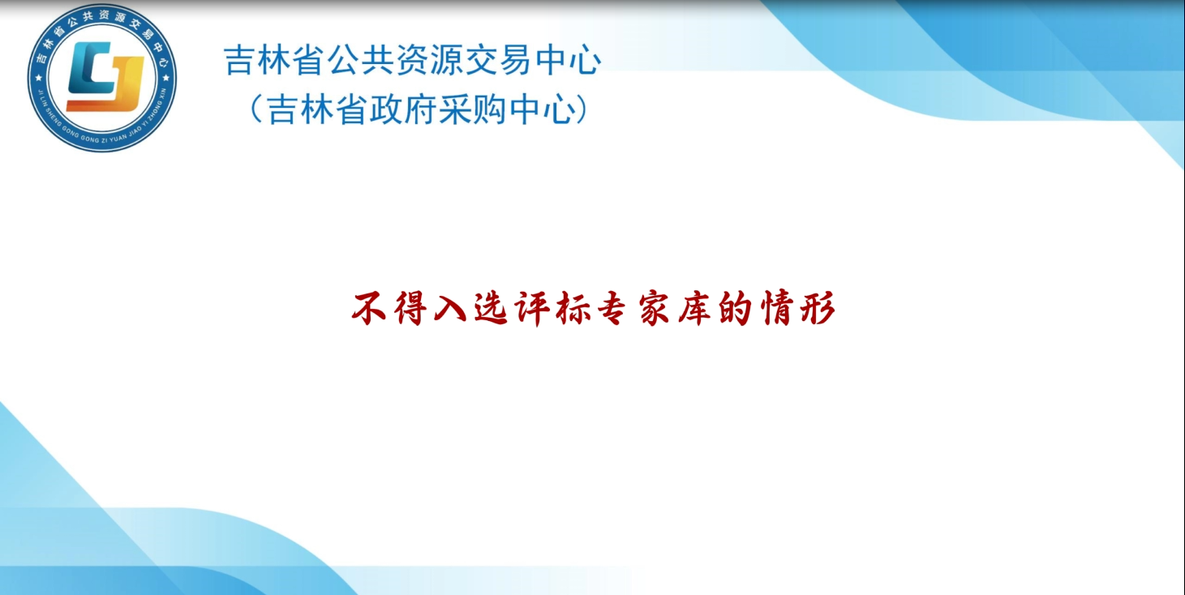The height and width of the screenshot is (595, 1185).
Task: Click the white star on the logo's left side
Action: coord(39,79)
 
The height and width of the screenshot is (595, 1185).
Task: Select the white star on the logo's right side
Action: coord(166,79)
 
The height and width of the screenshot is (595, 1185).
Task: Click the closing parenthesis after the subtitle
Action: coord(581,109)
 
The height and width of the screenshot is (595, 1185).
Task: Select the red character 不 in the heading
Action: coord(369,307)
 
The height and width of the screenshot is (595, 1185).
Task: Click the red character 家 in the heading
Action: coord(655,308)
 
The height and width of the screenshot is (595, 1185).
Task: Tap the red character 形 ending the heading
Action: coord(818,307)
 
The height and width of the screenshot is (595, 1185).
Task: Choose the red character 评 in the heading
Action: coord(532,308)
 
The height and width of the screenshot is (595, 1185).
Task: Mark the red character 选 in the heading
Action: coord(491,307)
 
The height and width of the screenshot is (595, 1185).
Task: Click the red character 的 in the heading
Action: coord(736,307)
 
